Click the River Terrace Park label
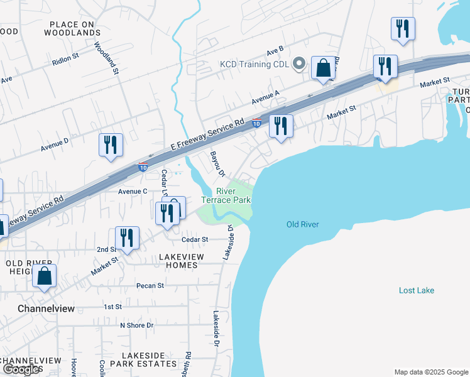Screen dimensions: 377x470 tap(226, 195)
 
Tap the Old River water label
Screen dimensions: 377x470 tap(303, 224)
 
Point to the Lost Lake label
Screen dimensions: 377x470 tap(417, 290)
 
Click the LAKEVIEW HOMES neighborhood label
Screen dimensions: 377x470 tap(178, 261)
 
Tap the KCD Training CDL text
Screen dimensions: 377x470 tap(254, 64)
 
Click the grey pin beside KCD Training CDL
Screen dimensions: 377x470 tap(300, 64)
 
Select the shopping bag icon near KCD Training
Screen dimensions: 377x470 tap(323, 68)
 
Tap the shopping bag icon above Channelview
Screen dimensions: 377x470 tap(45, 276)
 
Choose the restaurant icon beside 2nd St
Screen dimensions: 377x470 tap(127, 238)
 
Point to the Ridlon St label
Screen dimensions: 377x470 tap(65, 56)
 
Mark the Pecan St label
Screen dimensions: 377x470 tap(150, 285)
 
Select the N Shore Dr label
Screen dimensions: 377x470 tap(136, 325)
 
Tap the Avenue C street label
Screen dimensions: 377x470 tap(133, 191)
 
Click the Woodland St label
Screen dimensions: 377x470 tap(107, 58)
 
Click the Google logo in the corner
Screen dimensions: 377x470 tap(22, 369)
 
